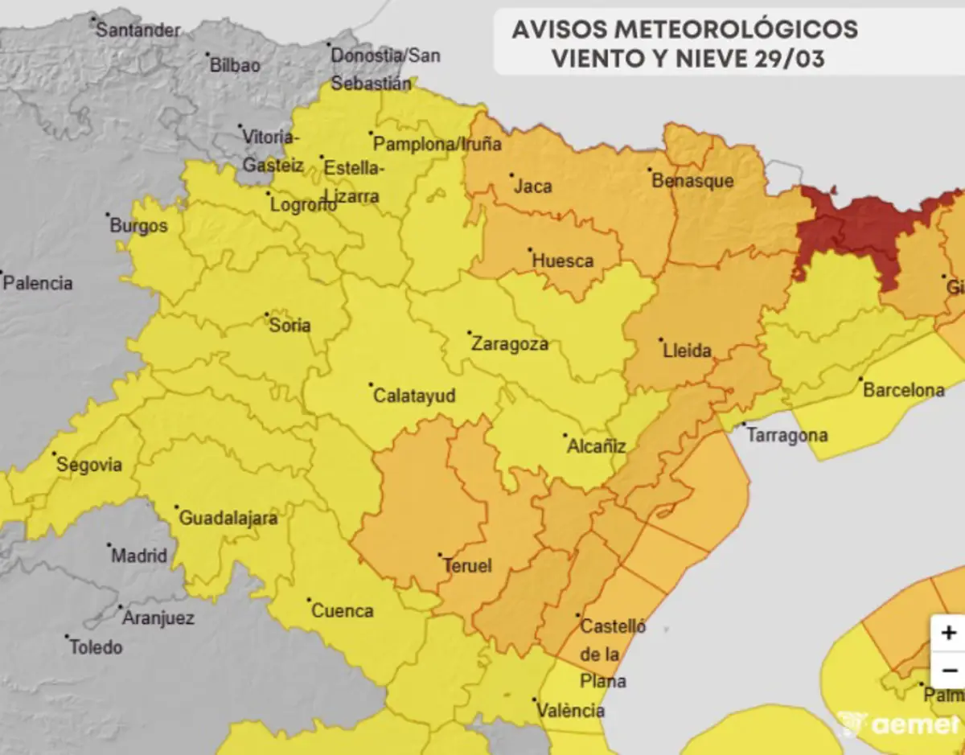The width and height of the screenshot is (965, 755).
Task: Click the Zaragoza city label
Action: [x=510, y=344]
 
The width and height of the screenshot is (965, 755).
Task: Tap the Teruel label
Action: [x=467, y=566]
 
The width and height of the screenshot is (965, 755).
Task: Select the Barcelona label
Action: [x=903, y=391]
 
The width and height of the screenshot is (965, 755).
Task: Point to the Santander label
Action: [x=138, y=31]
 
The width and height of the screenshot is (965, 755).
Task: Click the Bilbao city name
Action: [x=235, y=66]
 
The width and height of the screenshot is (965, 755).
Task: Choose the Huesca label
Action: [x=563, y=261]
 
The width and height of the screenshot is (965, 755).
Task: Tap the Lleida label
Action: [x=687, y=351]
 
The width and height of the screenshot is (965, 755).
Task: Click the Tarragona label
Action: [x=787, y=436]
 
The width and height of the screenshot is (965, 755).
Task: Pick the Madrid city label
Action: [x=139, y=556]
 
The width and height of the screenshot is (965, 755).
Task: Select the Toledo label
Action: [x=96, y=646]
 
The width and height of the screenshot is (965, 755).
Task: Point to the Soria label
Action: [x=290, y=326]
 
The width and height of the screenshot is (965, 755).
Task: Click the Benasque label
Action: [x=692, y=181]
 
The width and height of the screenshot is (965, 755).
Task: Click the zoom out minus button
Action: [x=949, y=671]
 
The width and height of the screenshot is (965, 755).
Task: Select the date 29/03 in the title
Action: [x=789, y=59]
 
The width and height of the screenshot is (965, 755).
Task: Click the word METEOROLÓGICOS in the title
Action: [x=737, y=30]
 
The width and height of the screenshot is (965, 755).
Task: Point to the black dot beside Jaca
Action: [x=511, y=174]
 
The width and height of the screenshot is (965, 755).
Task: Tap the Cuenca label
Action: [x=342, y=611]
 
